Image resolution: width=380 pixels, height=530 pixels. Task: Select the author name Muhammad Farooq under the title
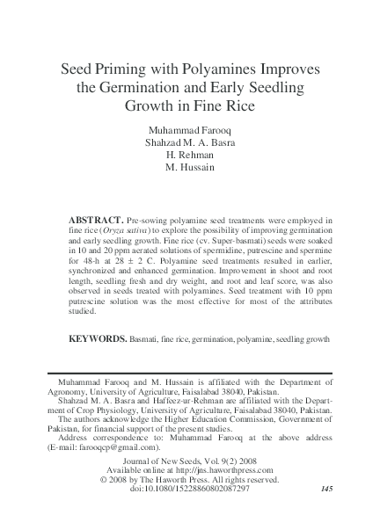190,127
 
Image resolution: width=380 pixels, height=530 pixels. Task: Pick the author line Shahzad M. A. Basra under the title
190,141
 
